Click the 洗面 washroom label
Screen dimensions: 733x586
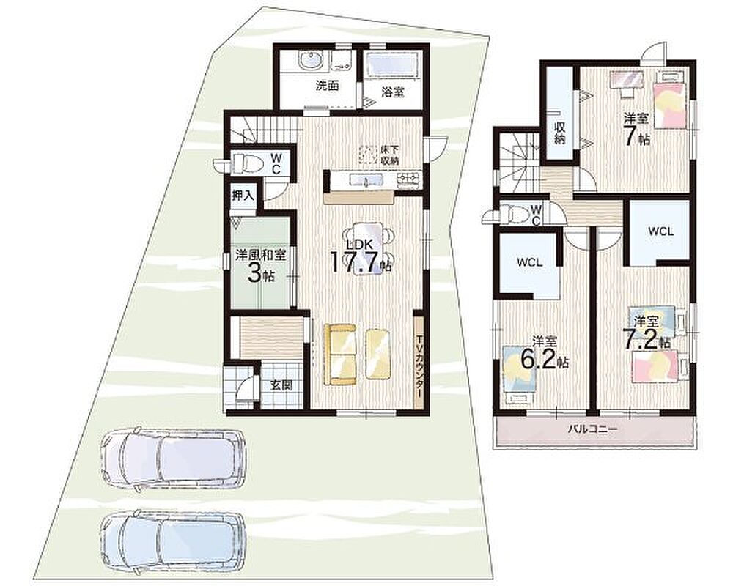click(x=327, y=86)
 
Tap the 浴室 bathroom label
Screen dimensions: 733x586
click(x=393, y=92)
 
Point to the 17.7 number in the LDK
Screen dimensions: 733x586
click(x=354, y=262)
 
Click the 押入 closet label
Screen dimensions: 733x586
click(x=243, y=196)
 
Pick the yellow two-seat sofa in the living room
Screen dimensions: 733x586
click(x=340, y=354)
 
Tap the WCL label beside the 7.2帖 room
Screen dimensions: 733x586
click(x=660, y=231)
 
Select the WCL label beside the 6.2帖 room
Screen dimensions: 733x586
click(x=530, y=262)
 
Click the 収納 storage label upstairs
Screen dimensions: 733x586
click(x=559, y=133)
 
